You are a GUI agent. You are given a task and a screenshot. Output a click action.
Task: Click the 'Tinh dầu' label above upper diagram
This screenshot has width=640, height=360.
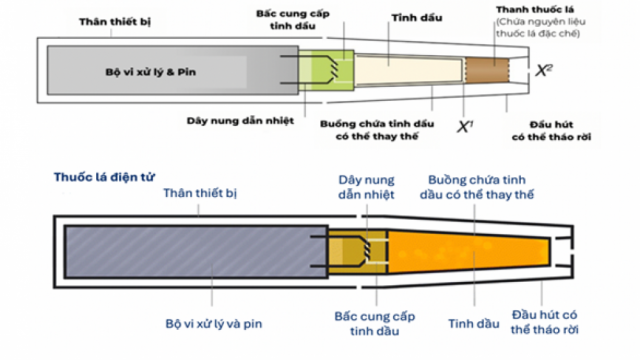click(395, 19)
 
